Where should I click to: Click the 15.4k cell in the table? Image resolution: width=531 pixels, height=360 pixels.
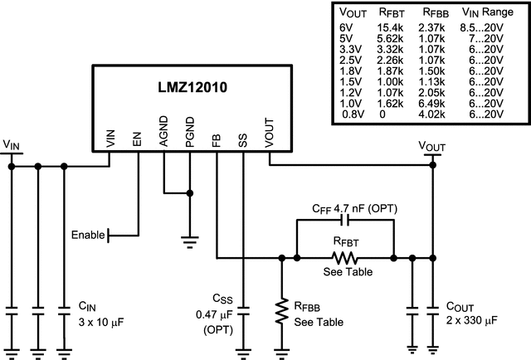pos(391,27)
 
